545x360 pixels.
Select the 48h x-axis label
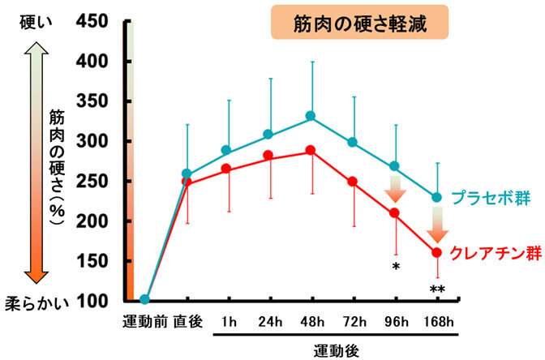click(310, 319)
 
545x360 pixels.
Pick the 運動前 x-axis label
click(145, 319)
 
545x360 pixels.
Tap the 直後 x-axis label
click(187, 319)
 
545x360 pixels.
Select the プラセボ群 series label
click(489, 198)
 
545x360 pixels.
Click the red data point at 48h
click(311, 151)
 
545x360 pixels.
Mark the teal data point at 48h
click(311, 116)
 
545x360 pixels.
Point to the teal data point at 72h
click(353, 143)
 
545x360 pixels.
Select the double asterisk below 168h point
click(437, 289)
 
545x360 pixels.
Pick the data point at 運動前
click(145, 300)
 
